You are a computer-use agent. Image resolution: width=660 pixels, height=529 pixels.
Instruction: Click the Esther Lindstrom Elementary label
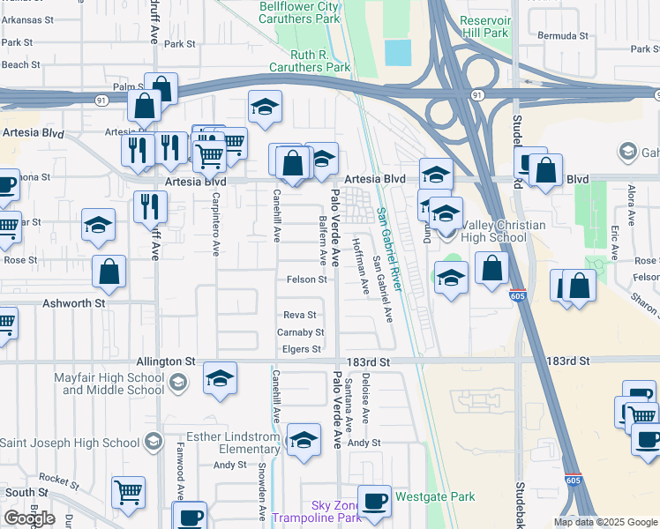coord(229,441)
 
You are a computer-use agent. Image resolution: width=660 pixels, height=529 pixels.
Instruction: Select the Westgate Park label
coord(435,496)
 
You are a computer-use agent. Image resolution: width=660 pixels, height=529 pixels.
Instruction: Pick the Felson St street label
coord(307,280)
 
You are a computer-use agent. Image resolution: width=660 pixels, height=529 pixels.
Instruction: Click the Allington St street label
coord(166,361)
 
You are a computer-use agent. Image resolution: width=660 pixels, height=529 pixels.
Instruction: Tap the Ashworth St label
coord(75,302)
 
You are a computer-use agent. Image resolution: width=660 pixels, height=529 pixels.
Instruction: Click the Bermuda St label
coord(564,36)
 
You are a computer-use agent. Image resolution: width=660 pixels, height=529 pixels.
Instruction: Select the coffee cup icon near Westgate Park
coord(374,501)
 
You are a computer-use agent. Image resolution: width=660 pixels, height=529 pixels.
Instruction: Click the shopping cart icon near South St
coord(128,492)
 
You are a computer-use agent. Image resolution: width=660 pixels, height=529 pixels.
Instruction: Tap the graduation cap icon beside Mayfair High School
coord(220,379)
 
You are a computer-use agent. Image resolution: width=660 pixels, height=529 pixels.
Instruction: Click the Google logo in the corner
coord(29,518)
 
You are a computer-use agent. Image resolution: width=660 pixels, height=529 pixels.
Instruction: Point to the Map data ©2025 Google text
coord(605,523)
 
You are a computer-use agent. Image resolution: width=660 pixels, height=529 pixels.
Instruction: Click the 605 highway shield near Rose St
coord(518,296)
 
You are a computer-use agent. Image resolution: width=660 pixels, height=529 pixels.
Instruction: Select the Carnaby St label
coord(301,332)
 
